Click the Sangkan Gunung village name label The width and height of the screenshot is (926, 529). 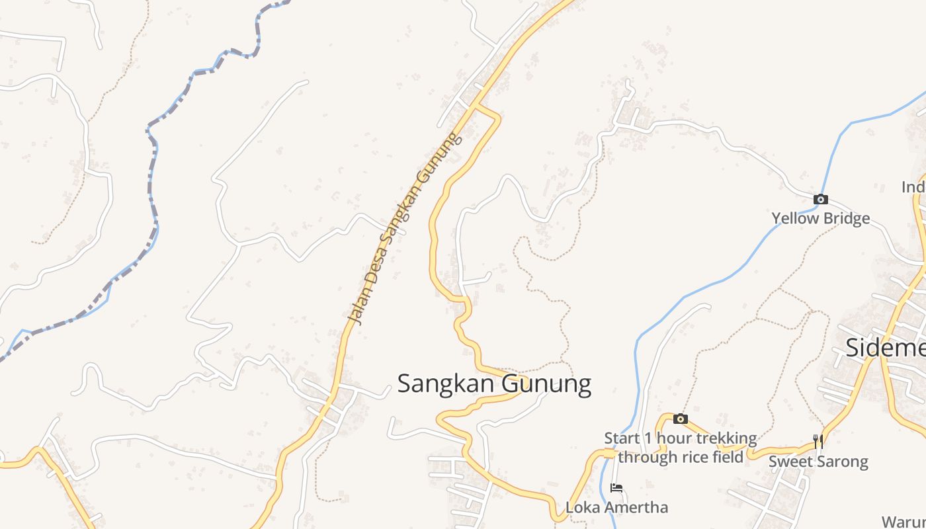click(494, 384)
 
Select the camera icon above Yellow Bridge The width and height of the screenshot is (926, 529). click(820, 199)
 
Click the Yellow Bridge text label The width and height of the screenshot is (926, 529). click(820, 218)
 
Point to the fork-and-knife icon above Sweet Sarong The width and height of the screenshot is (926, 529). click(818, 441)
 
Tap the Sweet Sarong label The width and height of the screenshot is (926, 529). click(818, 461)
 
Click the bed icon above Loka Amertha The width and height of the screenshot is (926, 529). click(616, 488)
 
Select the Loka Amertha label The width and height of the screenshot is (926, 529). click(616, 507)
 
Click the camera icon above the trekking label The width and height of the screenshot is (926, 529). click(680, 419)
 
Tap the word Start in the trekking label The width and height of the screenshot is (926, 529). click(622, 438)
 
